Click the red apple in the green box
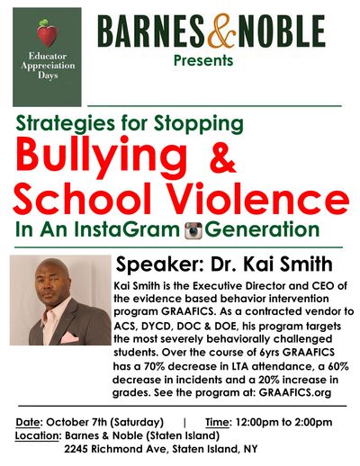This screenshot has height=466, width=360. point(47,33)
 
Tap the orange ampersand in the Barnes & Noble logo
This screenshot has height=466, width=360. point(221,31)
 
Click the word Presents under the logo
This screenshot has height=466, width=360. point(203,60)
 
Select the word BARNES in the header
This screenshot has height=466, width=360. point(151,31)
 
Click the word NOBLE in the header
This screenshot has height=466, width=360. point(282,31)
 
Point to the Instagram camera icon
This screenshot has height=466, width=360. point(193,230)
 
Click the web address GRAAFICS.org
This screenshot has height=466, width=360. point(295,392)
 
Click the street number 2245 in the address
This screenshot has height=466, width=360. point(76,449)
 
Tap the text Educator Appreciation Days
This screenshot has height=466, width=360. point(48,66)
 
